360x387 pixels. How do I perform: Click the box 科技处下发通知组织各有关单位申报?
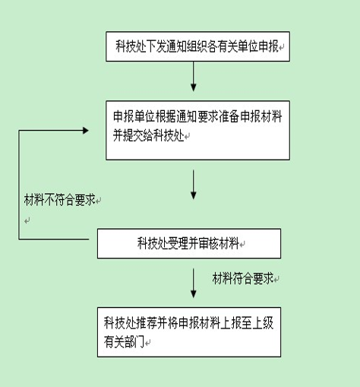tap(197, 46)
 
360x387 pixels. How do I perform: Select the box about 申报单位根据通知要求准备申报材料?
tap(197, 130)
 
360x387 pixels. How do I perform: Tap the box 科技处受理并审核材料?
tap(189, 243)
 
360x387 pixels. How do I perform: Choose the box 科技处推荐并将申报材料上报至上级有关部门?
tap(189, 332)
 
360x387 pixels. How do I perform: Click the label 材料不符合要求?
tap(59, 200)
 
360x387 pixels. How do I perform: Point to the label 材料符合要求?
tap(243, 278)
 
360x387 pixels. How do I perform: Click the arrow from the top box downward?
tap(194, 76)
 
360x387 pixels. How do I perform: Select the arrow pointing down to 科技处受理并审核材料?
tap(194, 185)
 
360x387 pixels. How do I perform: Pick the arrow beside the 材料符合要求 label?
tap(194, 283)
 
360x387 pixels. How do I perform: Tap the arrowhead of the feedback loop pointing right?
tap(86, 131)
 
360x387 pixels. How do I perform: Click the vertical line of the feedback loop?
tap(19, 185)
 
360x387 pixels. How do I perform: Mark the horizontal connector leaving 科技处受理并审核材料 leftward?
tap(54, 239)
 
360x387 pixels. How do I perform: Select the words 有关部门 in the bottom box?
tap(124, 342)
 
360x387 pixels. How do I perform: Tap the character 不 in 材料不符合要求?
tap(49, 200)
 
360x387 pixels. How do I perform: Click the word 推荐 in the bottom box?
tap(147, 323)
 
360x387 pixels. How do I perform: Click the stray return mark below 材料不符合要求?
tap(27, 220)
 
